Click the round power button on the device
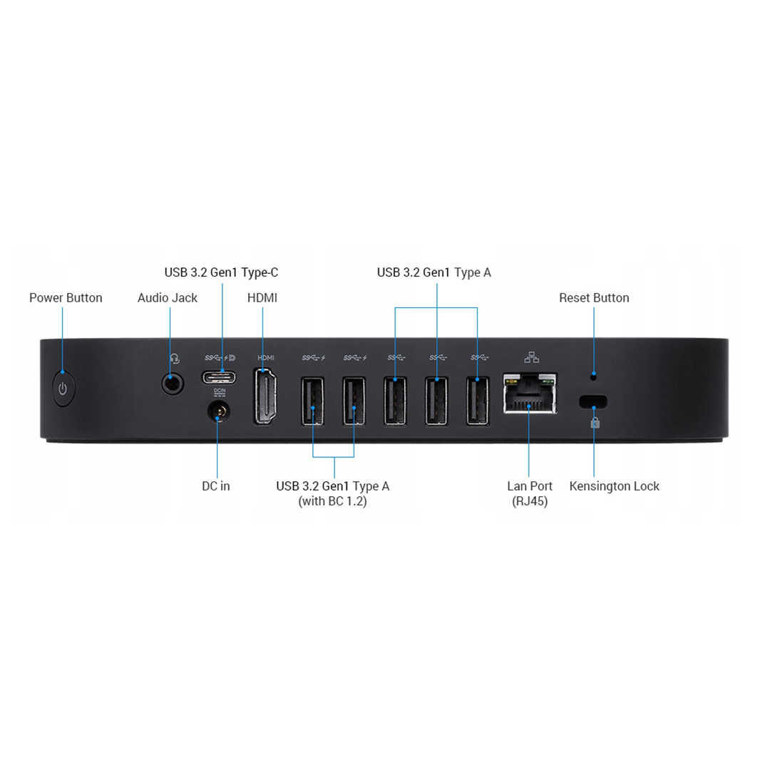tap(63, 389)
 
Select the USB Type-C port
tap(219, 377)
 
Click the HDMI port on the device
tap(265, 396)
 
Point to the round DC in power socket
tap(219, 411)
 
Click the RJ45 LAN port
tap(530, 393)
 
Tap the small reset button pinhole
tap(593, 376)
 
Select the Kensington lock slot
tap(593, 401)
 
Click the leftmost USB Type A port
tap(313, 400)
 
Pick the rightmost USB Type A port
tap(478, 400)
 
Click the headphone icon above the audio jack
tap(175, 359)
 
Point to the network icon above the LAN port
tap(531, 357)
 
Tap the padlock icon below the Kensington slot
tap(595, 422)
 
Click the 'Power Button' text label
tap(66, 297)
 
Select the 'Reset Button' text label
tap(594, 297)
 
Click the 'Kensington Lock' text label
tap(615, 486)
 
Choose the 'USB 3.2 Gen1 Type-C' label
tap(222, 272)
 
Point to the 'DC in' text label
tap(216, 486)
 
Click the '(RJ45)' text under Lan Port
tap(530, 501)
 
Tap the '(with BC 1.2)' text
tap(332, 501)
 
